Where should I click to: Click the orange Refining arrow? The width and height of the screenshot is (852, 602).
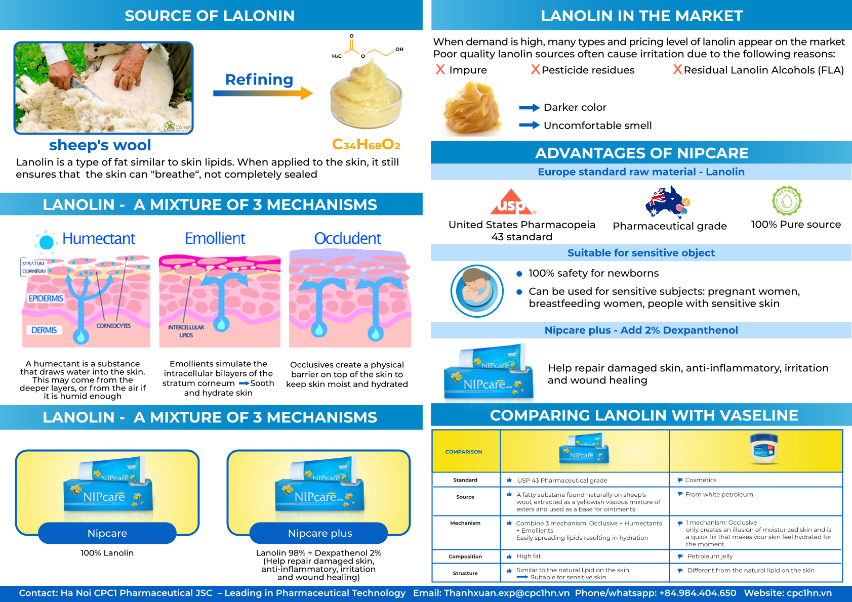coord(263,94)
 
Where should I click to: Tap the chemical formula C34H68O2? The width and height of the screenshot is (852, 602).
coord(366,144)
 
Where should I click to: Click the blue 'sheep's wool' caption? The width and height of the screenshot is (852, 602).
coord(100,145)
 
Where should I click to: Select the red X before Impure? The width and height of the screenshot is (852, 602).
coord(440,69)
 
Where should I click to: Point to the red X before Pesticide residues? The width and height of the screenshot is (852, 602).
coord(536,69)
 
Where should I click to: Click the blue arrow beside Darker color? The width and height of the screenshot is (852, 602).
coord(530,108)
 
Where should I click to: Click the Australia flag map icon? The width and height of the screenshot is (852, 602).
coord(668,201)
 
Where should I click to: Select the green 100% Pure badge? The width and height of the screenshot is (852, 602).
coord(787,201)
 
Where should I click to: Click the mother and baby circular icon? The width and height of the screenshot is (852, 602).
coord(477,291)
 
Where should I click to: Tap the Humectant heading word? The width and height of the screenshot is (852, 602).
coord(99,239)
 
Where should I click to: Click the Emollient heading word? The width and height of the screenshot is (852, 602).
coord(215,239)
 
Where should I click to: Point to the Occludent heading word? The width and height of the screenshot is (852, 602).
coord(347,239)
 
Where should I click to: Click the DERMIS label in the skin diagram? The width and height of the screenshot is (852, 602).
coord(44,330)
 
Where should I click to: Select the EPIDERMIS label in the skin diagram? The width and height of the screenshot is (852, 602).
coord(46,298)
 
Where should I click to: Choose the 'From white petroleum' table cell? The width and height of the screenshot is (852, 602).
coord(719,494)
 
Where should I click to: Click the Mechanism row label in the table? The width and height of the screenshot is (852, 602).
coord(465,523)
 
